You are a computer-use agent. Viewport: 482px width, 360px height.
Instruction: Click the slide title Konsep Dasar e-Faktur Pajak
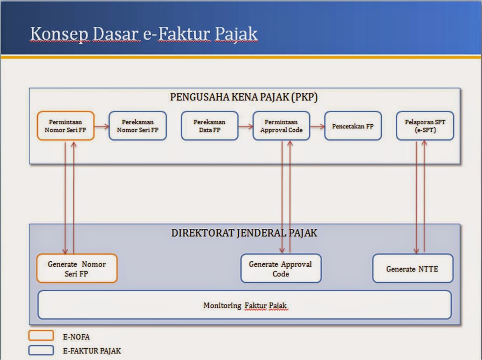tap(144, 35)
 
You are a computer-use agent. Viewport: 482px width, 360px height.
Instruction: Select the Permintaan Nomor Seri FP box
tap(65, 126)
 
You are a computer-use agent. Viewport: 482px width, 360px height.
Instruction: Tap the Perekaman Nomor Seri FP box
tap(138, 126)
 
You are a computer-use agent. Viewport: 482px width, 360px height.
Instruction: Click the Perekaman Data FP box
tap(210, 126)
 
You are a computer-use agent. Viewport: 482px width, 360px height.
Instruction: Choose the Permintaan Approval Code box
tap(281, 126)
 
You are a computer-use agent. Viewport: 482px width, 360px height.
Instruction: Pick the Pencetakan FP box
tap(353, 126)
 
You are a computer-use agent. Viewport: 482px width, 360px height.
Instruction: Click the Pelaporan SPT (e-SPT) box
tap(425, 126)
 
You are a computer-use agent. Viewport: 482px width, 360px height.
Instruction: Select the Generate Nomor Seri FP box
tap(77, 268)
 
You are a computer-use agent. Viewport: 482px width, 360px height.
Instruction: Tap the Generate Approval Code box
tap(281, 268)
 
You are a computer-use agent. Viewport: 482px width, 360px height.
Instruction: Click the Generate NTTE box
tap(412, 268)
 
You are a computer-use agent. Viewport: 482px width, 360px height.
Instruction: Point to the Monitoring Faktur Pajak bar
tap(244, 305)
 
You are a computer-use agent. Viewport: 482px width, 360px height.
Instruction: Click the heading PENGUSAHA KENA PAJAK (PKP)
tap(244, 97)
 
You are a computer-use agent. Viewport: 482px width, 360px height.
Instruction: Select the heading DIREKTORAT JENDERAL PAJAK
tap(244, 233)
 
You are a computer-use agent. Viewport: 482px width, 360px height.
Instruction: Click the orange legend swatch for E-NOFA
tap(41, 336)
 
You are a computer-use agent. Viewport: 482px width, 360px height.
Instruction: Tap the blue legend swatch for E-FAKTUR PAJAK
tap(41, 350)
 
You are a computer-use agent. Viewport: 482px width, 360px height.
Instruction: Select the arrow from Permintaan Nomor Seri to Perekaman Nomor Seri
tap(101, 126)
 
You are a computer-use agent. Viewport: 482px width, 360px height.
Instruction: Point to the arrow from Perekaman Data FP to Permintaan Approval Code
tap(245, 126)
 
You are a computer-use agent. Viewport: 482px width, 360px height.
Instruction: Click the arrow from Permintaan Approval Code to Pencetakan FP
tap(317, 126)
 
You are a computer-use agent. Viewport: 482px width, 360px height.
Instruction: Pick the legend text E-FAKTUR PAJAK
tap(92, 351)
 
